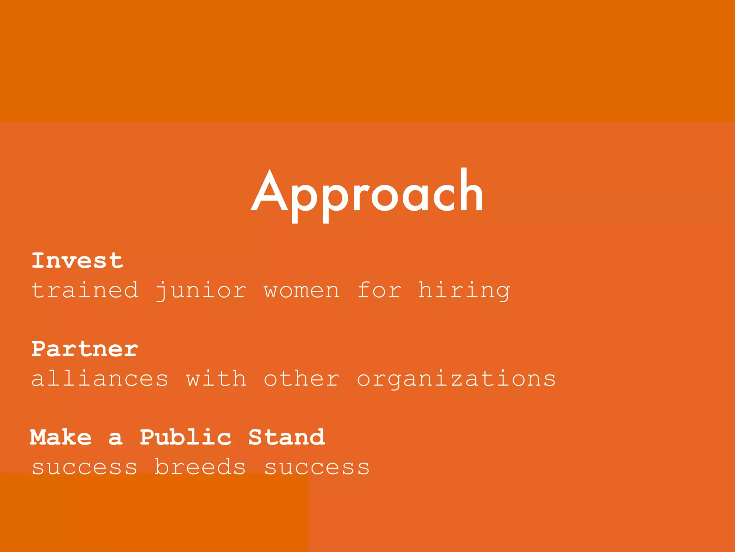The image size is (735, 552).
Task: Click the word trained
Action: (85, 290)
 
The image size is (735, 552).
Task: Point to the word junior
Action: (201, 290)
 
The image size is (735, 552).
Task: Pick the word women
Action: (301, 290)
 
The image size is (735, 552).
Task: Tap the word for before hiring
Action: (379, 290)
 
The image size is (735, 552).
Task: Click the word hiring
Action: (464, 290)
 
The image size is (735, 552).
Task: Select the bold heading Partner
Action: (85, 349)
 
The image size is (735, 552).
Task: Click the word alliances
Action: (100, 379)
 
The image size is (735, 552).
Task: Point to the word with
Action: (216, 379)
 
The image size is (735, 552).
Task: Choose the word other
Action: (301, 379)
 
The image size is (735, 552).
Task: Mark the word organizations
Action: (456, 379)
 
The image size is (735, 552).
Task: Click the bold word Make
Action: (61, 437)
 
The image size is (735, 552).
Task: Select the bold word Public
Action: (186, 437)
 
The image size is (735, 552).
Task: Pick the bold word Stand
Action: (286, 437)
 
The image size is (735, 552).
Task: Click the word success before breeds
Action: (85, 467)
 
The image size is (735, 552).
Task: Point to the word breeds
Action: (200, 467)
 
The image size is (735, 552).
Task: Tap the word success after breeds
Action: (317, 467)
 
